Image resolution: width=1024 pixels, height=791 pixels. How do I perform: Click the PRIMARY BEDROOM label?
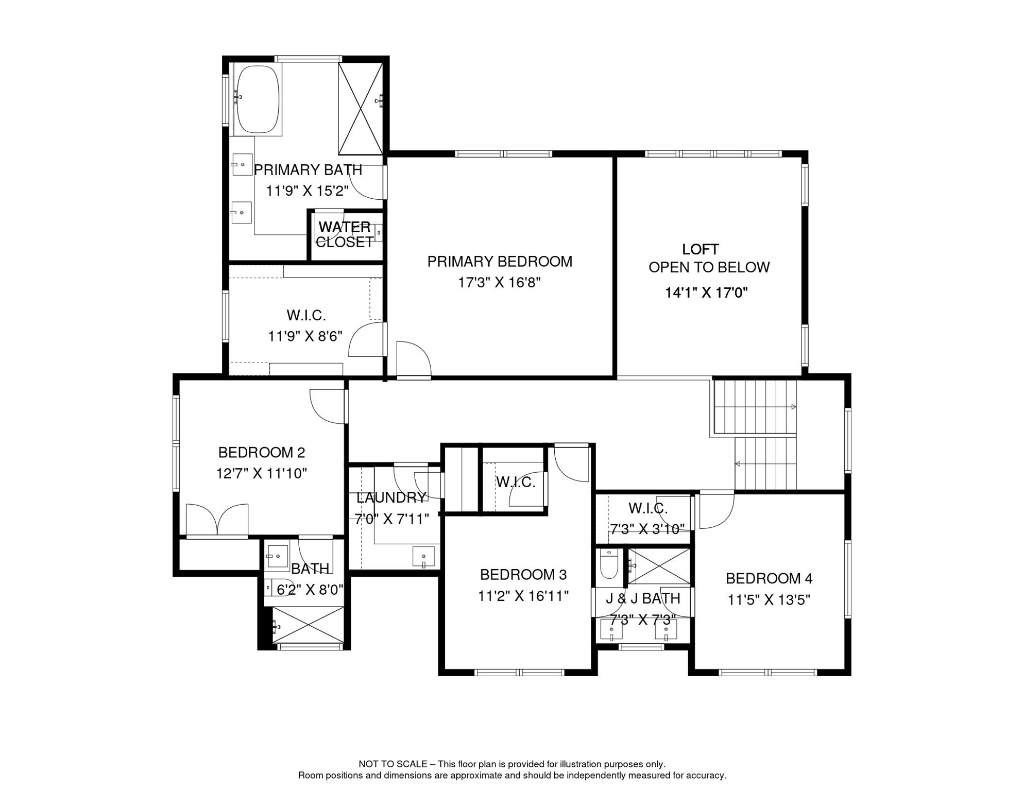coord(500,262)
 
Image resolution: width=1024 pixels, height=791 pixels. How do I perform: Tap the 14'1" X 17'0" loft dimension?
coord(706,293)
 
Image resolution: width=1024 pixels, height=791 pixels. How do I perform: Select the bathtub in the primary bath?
coord(258,99)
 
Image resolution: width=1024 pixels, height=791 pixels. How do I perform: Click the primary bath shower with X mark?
coord(361,108)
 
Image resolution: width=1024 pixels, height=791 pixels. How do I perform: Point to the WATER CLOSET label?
coord(345,234)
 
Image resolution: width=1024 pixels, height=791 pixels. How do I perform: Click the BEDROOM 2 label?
coord(262,453)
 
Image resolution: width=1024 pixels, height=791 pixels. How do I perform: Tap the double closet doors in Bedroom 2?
coord(217,520)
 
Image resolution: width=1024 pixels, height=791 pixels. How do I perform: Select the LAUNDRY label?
coord(391,497)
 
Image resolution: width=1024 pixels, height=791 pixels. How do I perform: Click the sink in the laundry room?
coord(423,557)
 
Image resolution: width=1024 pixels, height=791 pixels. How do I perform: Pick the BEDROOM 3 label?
coord(523,575)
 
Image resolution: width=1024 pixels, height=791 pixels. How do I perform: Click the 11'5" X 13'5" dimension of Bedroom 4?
coord(769,600)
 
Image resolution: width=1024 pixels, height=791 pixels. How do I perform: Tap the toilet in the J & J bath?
coord(609,564)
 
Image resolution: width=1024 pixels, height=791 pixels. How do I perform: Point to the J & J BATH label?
coord(643,598)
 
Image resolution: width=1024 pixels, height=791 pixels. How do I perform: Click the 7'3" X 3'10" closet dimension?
coord(647,529)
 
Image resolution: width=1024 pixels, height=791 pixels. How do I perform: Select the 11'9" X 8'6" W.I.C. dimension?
coord(305,336)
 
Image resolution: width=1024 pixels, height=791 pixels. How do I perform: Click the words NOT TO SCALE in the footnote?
coord(393,764)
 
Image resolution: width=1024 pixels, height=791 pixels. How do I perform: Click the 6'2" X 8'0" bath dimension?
coord(310,590)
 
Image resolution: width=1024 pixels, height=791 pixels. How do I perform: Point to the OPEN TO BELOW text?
coord(709,267)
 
